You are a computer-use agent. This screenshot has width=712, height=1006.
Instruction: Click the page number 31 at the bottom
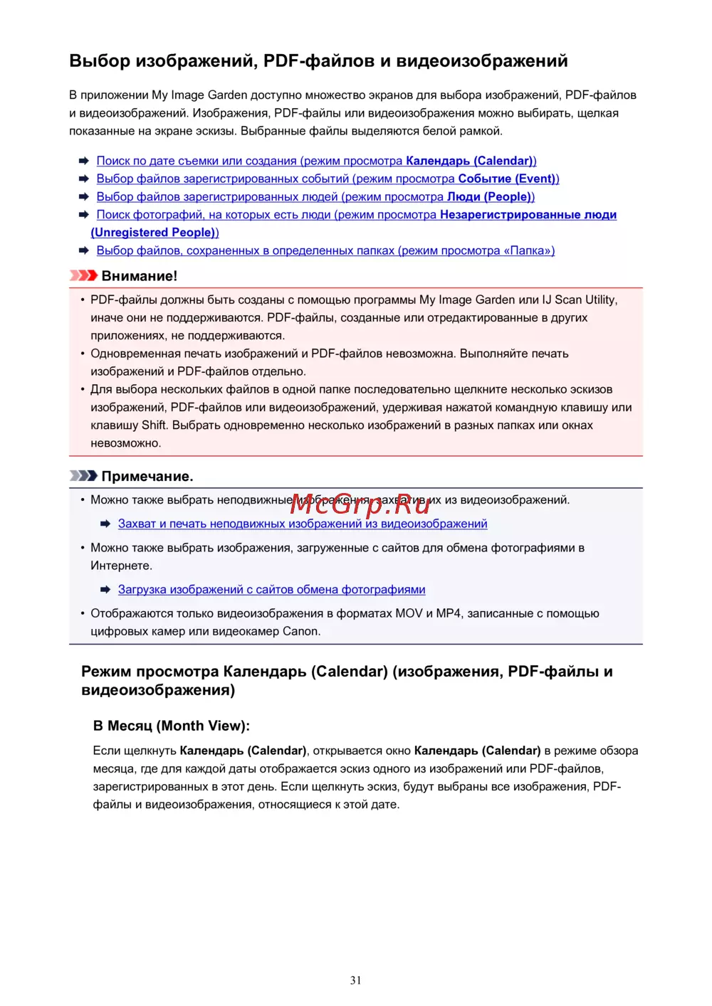click(356, 980)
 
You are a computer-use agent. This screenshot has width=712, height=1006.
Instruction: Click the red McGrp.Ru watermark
click(360, 504)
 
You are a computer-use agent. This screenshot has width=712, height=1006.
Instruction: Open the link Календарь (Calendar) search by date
click(316, 161)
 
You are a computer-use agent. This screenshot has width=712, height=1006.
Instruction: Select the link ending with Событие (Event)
click(328, 179)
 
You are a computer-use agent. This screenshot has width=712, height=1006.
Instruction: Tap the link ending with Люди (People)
click(315, 196)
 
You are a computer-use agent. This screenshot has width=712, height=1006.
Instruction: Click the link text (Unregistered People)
click(155, 232)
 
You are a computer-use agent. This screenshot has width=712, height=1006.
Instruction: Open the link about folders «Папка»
click(325, 250)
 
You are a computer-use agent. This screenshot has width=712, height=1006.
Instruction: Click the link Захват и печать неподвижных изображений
click(303, 524)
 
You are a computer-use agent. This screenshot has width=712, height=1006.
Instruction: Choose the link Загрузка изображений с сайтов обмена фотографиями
click(271, 590)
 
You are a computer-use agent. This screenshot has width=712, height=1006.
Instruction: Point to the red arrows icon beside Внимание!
click(83, 275)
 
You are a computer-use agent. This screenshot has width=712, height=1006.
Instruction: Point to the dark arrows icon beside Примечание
click(83, 475)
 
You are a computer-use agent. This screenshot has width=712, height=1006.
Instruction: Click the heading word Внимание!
click(140, 276)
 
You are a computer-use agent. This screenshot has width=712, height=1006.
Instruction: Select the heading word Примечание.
click(147, 476)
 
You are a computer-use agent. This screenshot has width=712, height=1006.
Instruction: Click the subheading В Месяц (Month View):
click(172, 726)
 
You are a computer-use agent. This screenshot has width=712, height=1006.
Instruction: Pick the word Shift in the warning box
click(154, 425)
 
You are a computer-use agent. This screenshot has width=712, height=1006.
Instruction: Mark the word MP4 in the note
click(449, 613)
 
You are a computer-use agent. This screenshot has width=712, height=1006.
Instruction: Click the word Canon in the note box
click(301, 631)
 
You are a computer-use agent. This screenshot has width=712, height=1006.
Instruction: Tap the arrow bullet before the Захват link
click(105, 524)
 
